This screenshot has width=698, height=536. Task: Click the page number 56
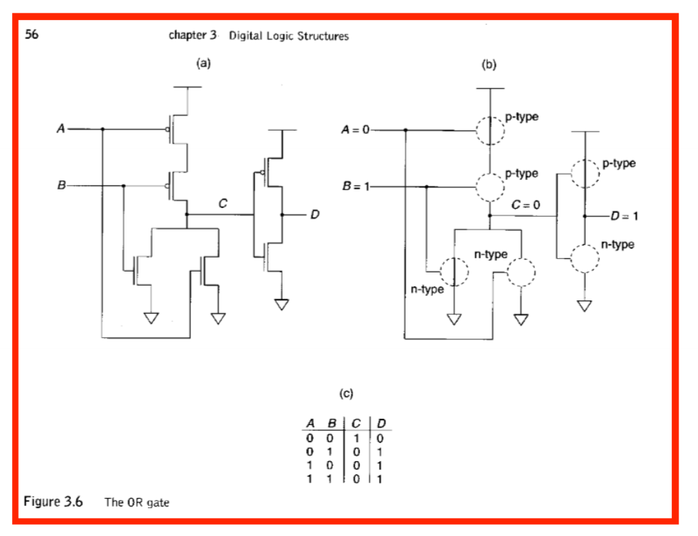pos(31,35)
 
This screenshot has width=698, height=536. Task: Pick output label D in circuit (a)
pos(315,215)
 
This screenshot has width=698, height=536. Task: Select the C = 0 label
pos(525,204)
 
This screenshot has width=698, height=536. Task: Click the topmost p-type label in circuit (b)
pos(522,117)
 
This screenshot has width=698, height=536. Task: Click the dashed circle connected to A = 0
pos(491,130)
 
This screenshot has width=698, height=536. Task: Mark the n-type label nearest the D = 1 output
pos(617,245)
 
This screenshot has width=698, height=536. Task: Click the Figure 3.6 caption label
pos(54,502)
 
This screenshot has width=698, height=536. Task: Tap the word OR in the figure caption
pos(130,503)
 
